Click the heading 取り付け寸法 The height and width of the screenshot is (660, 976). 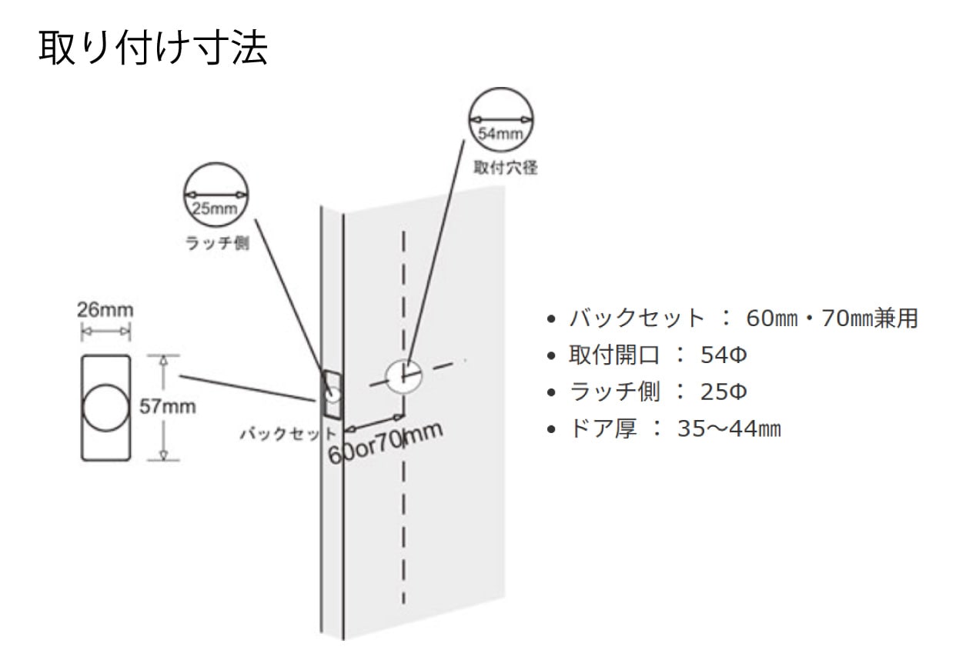coord(153,48)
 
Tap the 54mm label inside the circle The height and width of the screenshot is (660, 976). coord(500,134)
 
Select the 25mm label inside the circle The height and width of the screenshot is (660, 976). coord(215,209)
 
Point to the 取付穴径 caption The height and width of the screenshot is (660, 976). coord(506,168)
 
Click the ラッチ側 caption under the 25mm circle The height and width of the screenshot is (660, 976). coord(217,243)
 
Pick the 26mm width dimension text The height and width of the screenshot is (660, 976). coord(105,310)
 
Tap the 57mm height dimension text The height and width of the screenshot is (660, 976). coord(167,407)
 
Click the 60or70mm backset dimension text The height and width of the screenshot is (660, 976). coord(385,443)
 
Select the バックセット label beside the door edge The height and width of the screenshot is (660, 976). coord(289,434)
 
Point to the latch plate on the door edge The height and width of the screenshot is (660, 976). coord(332,395)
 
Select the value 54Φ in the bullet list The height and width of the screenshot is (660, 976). coord(724,355)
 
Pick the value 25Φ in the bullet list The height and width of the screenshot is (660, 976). coord(724,392)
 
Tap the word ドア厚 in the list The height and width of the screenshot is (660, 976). coord(603,428)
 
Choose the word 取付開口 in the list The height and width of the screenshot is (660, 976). coord(614,355)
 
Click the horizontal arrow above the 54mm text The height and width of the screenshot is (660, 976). coord(500,119)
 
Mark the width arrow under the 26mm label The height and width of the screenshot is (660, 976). coord(105,332)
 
